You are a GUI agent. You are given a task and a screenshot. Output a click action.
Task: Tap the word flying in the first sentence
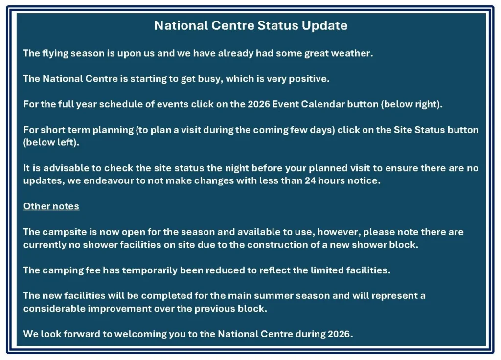coord(55,54)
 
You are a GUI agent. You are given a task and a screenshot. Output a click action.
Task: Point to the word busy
coord(210,79)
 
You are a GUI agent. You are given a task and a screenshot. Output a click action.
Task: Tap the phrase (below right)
coord(411,105)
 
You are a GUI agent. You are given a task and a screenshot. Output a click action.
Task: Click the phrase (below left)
coord(51,143)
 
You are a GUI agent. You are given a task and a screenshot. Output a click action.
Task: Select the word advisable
coord(66,168)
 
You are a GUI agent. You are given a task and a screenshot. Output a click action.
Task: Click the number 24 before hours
coord(310,181)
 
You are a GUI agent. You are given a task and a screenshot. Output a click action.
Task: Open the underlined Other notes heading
coord(51,206)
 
